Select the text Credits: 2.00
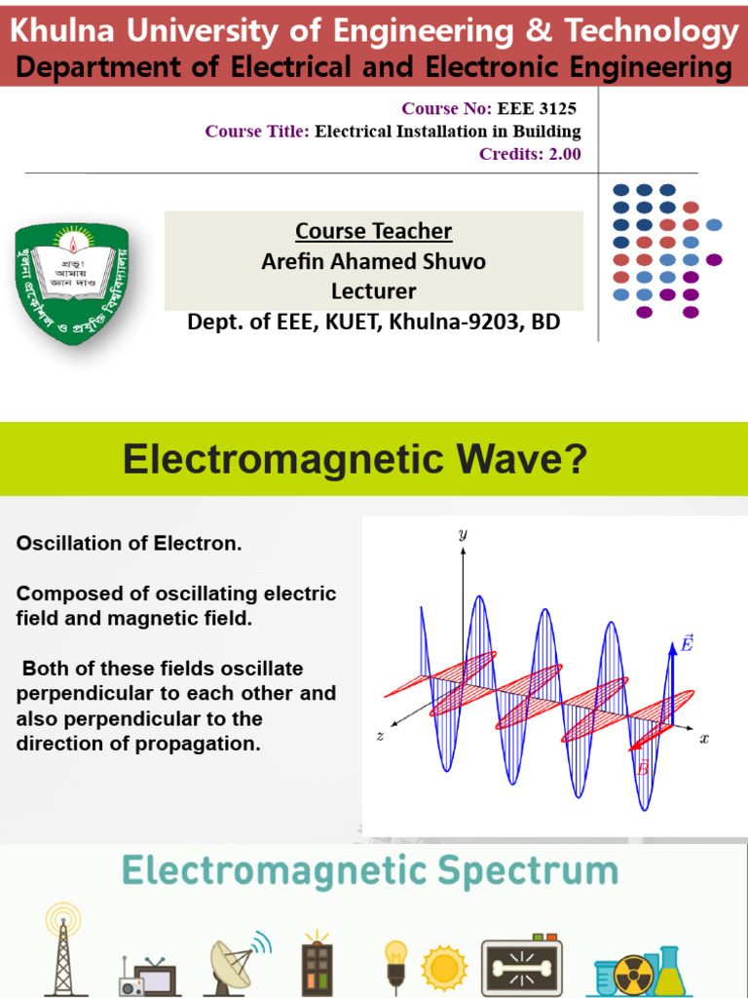click(x=530, y=154)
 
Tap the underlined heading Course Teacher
click(x=373, y=232)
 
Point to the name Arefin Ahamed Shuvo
click(x=373, y=261)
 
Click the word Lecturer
click(x=373, y=291)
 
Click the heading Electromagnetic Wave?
click(x=355, y=459)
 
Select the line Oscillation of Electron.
click(x=129, y=544)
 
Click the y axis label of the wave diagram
click(x=462, y=533)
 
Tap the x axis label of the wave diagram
click(x=703, y=739)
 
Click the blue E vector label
click(x=687, y=644)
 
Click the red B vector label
click(x=642, y=769)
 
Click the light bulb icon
click(x=395, y=960)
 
